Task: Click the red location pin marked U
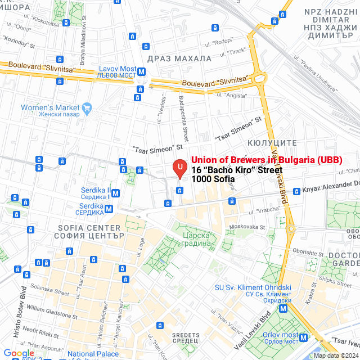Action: click(x=179, y=168)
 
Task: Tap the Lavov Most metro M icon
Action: click(x=142, y=71)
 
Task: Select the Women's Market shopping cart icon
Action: click(x=87, y=107)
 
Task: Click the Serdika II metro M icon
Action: click(x=115, y=193)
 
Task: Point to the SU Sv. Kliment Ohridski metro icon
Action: click(x=285, y=308)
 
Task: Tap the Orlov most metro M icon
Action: click(x=304, y=338)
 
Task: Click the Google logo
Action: click(x=19, y=353)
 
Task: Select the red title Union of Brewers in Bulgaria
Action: click(x=267, y=160)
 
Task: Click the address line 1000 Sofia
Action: click(x=213, y=179)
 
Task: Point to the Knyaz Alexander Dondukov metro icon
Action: click(x=296, y=191)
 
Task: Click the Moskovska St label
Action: click(x=247, y=227)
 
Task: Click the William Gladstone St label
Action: click(x=51, y=309)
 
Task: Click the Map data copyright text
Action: click(x=336, y=355)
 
